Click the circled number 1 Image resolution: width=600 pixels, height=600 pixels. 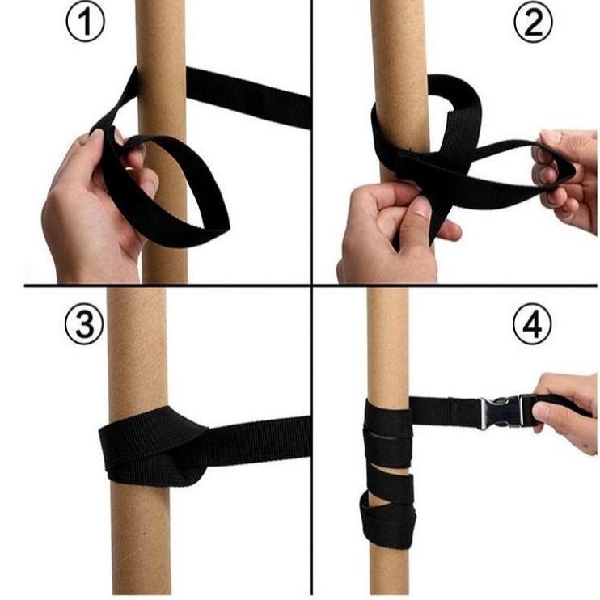(85, 23)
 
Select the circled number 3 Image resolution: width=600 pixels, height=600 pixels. (84, 325)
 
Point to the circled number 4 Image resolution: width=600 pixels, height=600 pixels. (532, 325)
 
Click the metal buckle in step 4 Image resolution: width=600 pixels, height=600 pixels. (501, 412)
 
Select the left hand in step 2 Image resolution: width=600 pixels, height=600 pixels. (394, 234)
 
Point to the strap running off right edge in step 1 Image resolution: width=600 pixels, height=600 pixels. (248, 98)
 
